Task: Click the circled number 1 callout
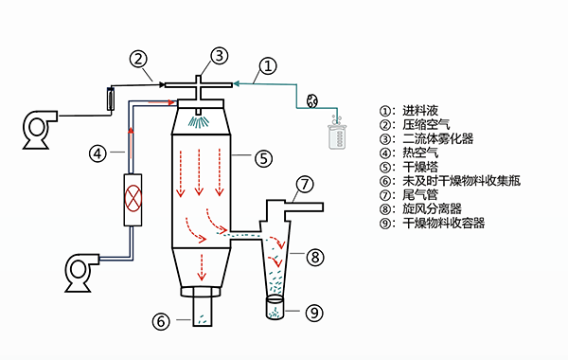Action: [268, 66]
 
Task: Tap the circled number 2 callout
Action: [138, 59]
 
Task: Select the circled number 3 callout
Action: [220, 56]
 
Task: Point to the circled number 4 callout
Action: [98, 153]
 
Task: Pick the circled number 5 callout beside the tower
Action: [263, 158]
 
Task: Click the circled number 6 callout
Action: [161, 321]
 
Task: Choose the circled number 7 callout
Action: [305, 184]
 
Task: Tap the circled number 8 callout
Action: [315, 258]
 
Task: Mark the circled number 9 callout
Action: [314, 313]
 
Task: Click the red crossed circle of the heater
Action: [133, 198]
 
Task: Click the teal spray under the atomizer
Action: [199, 121]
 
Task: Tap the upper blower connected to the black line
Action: [40, 130]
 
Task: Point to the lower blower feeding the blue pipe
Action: [81, 273]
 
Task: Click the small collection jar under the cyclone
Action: [275, 308]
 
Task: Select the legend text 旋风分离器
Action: [433, 208]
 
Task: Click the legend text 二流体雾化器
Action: [438, 138]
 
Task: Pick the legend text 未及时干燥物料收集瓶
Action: [462, 181]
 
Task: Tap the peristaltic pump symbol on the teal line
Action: [312, 100]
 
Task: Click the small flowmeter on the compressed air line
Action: [111, 99]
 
